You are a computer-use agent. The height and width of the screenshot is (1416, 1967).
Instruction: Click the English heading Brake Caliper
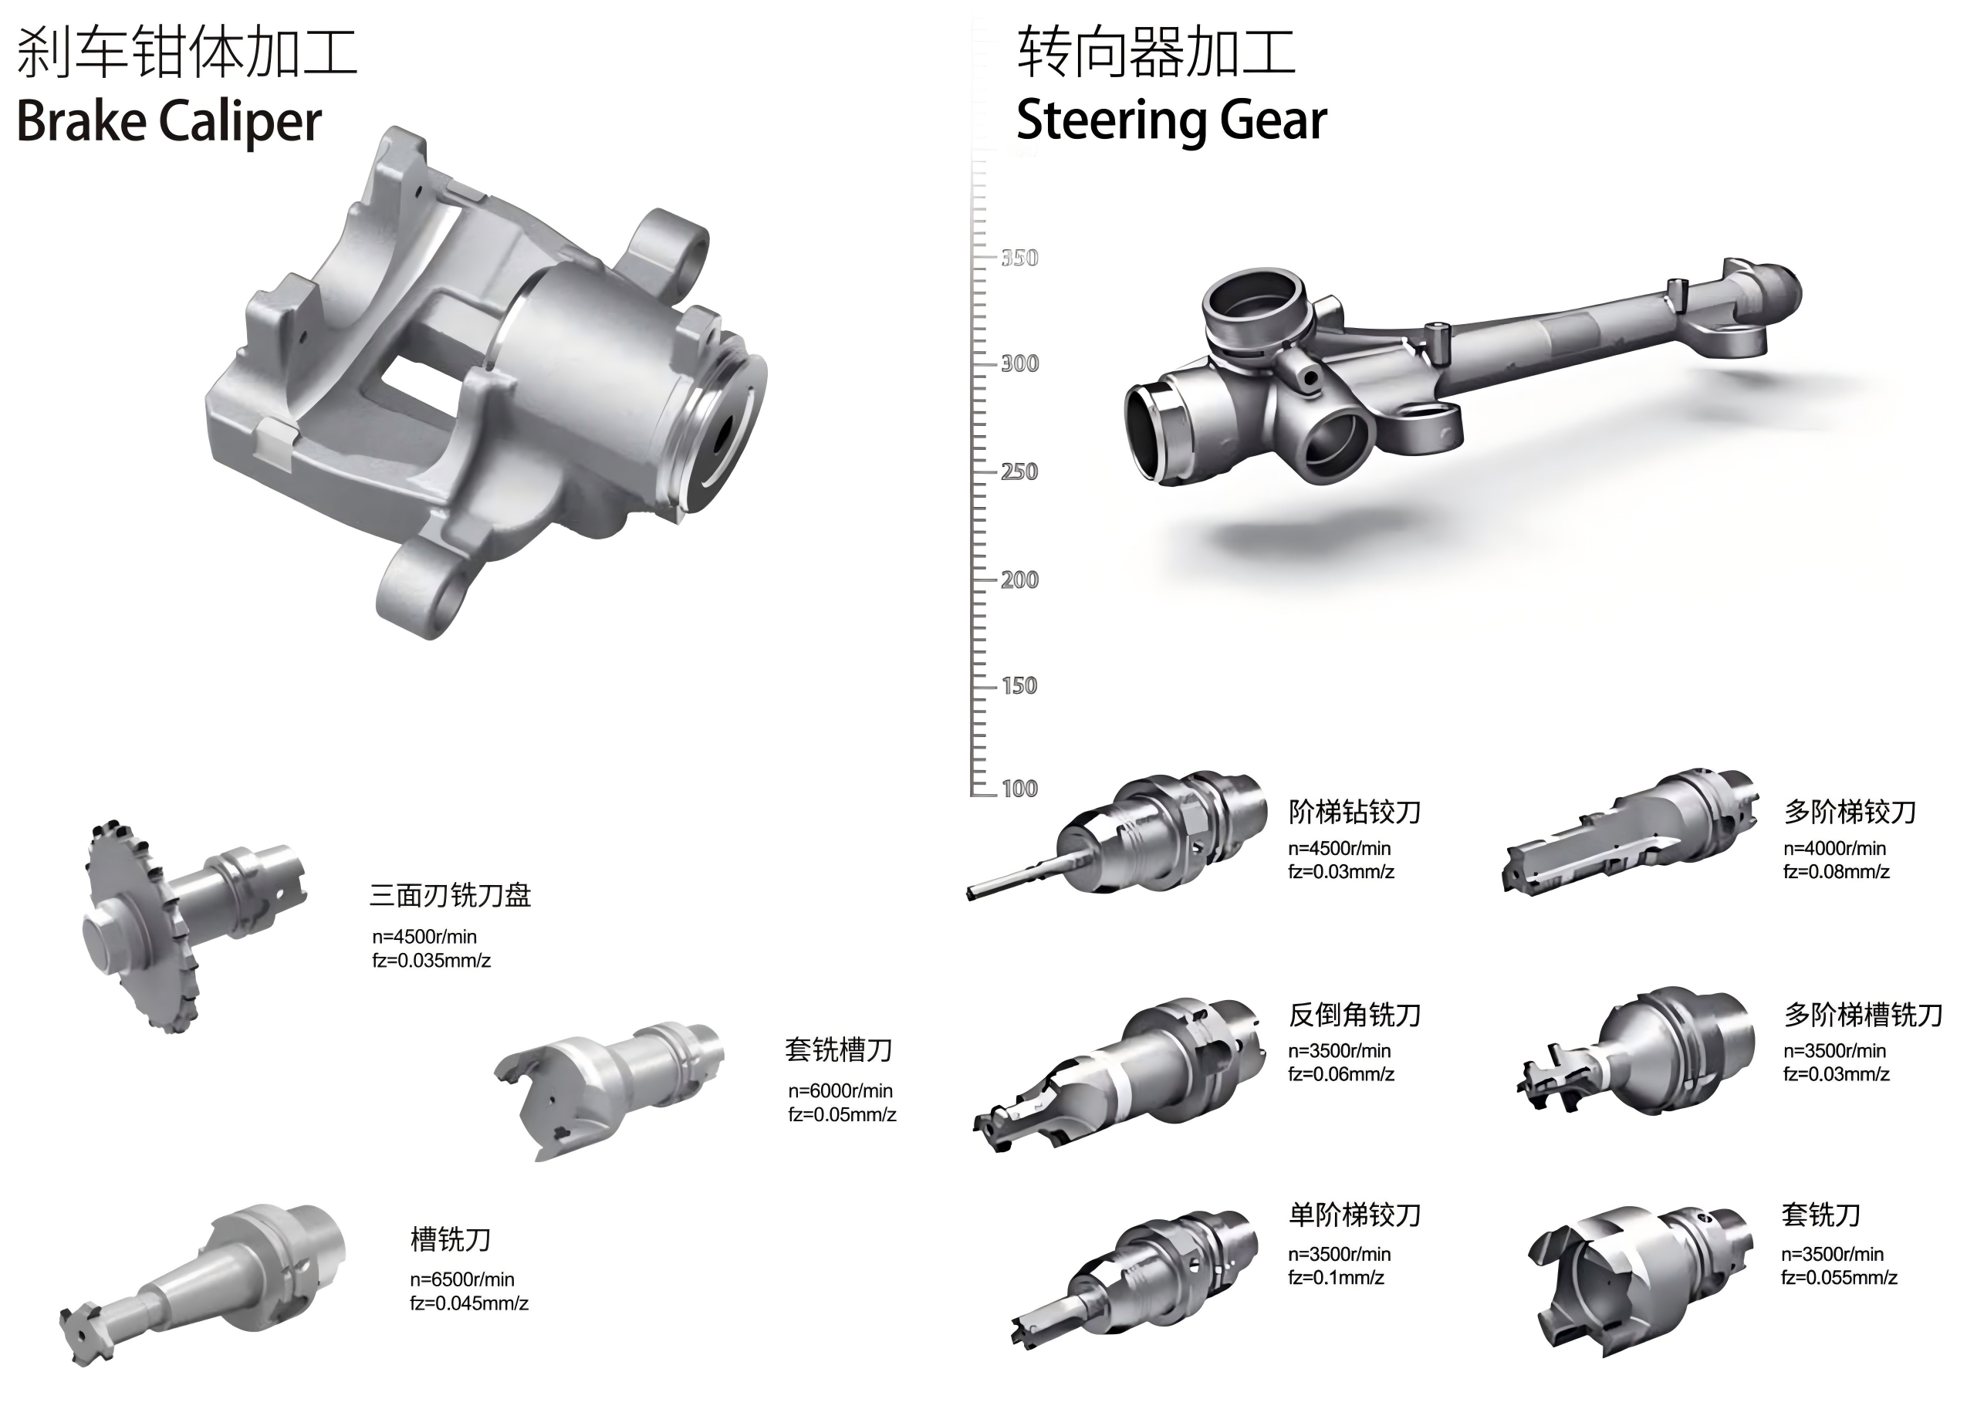pyautogui.click(x=169, y=120)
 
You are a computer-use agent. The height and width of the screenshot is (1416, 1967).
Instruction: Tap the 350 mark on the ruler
pyautogui.click(x=1019, y=258)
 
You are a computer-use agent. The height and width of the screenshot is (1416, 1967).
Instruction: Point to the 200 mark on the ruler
pyautogui.click(x=1019, y=580)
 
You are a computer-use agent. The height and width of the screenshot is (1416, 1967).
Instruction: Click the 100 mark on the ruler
pyautogui.click(x=1019, y=788)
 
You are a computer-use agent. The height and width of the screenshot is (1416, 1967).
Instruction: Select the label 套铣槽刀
pyautogui.click(x=839, y=1050)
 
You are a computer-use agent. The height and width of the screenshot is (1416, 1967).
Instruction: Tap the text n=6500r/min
pyautogui.click(x=462, y=1279)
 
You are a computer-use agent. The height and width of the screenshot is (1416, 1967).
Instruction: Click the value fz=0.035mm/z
pyautogui.click(x=432, y=960)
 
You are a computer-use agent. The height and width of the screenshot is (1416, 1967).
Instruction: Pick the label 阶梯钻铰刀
pyautogui.click(x=1355, y=812)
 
